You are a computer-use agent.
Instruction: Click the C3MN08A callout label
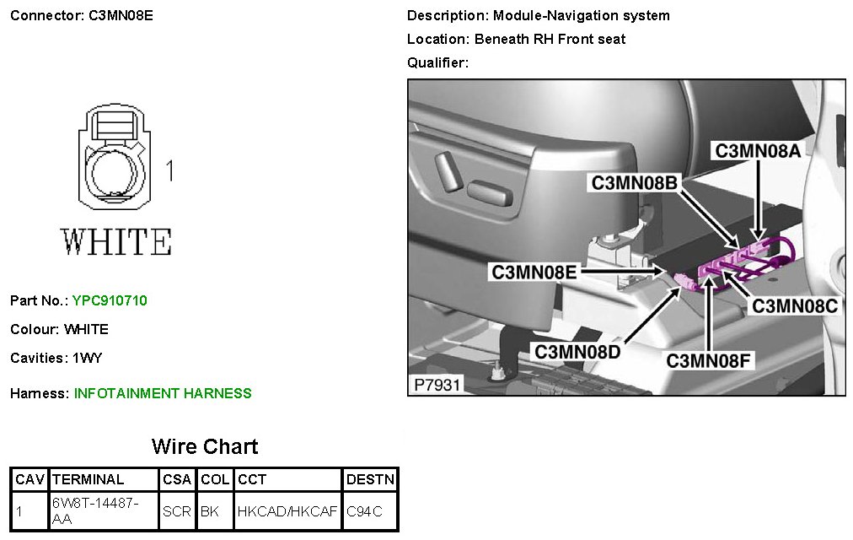tap(758, 151)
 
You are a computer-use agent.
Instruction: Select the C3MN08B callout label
tap(634, 183)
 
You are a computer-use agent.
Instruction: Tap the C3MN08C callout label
tap(795, 305)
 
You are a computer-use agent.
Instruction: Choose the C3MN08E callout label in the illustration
tap(534, 272)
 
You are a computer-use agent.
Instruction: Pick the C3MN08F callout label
tap(709, 360)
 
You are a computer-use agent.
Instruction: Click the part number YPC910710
tap(110, 300)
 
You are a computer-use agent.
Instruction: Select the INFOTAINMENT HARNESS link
tap(163, 393)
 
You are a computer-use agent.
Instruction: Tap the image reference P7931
tap(437, 385)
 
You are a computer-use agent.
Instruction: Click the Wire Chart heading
tap(205, 446)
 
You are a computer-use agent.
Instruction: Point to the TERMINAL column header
tap(88, 479)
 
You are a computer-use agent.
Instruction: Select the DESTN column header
tap(370, 479)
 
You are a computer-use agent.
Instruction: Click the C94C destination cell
tap(364, 511)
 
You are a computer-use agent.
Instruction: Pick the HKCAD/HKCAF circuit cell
tap(287, 511)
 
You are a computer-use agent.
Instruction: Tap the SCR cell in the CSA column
tap(178, 511)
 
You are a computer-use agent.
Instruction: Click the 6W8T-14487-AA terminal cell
tap(94, 511)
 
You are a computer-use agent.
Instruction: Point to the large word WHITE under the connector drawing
tap(117, 242)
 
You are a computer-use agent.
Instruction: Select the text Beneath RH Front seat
tap(550, 39)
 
